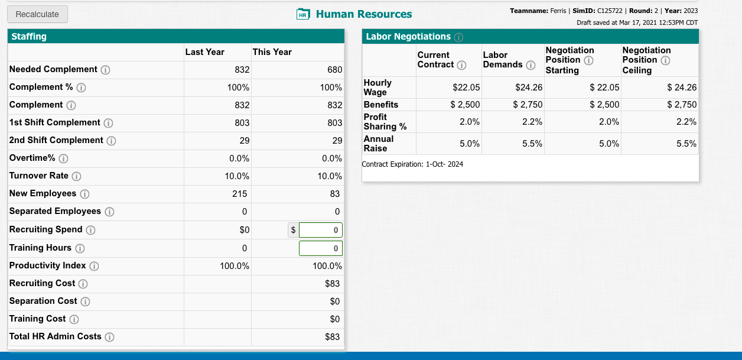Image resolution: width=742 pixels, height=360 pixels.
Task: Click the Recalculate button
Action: pos(37,14)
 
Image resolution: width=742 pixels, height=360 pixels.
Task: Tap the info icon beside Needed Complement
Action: pos(105,70)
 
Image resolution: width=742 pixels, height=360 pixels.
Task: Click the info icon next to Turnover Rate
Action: pos(76,176)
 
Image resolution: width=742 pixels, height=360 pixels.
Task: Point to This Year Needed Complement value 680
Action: pos(334,70)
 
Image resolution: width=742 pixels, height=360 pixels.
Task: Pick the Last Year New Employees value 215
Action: pos(239,193)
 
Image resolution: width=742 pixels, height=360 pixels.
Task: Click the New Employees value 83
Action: pos(336,193)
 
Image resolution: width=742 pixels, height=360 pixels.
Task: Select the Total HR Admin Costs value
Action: pos(333,337)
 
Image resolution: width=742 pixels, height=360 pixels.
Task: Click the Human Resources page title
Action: pos(364,14)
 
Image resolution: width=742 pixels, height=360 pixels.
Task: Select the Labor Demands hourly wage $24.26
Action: pos(529,87)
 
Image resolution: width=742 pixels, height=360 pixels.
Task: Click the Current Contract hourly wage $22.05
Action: pos(466,87)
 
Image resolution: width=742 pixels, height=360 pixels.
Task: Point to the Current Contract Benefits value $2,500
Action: pos(465,105)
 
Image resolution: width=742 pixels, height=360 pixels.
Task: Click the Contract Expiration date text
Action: pos(412,164)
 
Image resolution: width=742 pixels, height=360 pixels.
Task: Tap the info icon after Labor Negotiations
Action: pos(458,37)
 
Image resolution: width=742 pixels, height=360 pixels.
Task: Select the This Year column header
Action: pos(272,52)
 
